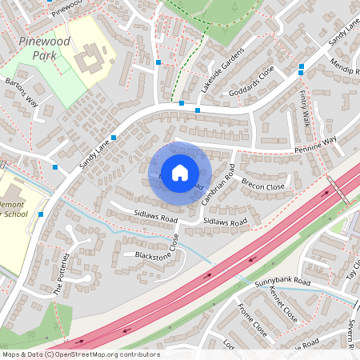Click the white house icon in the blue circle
pos(180,171)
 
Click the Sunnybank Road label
pos(282,282)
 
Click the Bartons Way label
pos(22,92)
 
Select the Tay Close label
pos(351,270)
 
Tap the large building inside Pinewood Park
pos(90,58)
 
